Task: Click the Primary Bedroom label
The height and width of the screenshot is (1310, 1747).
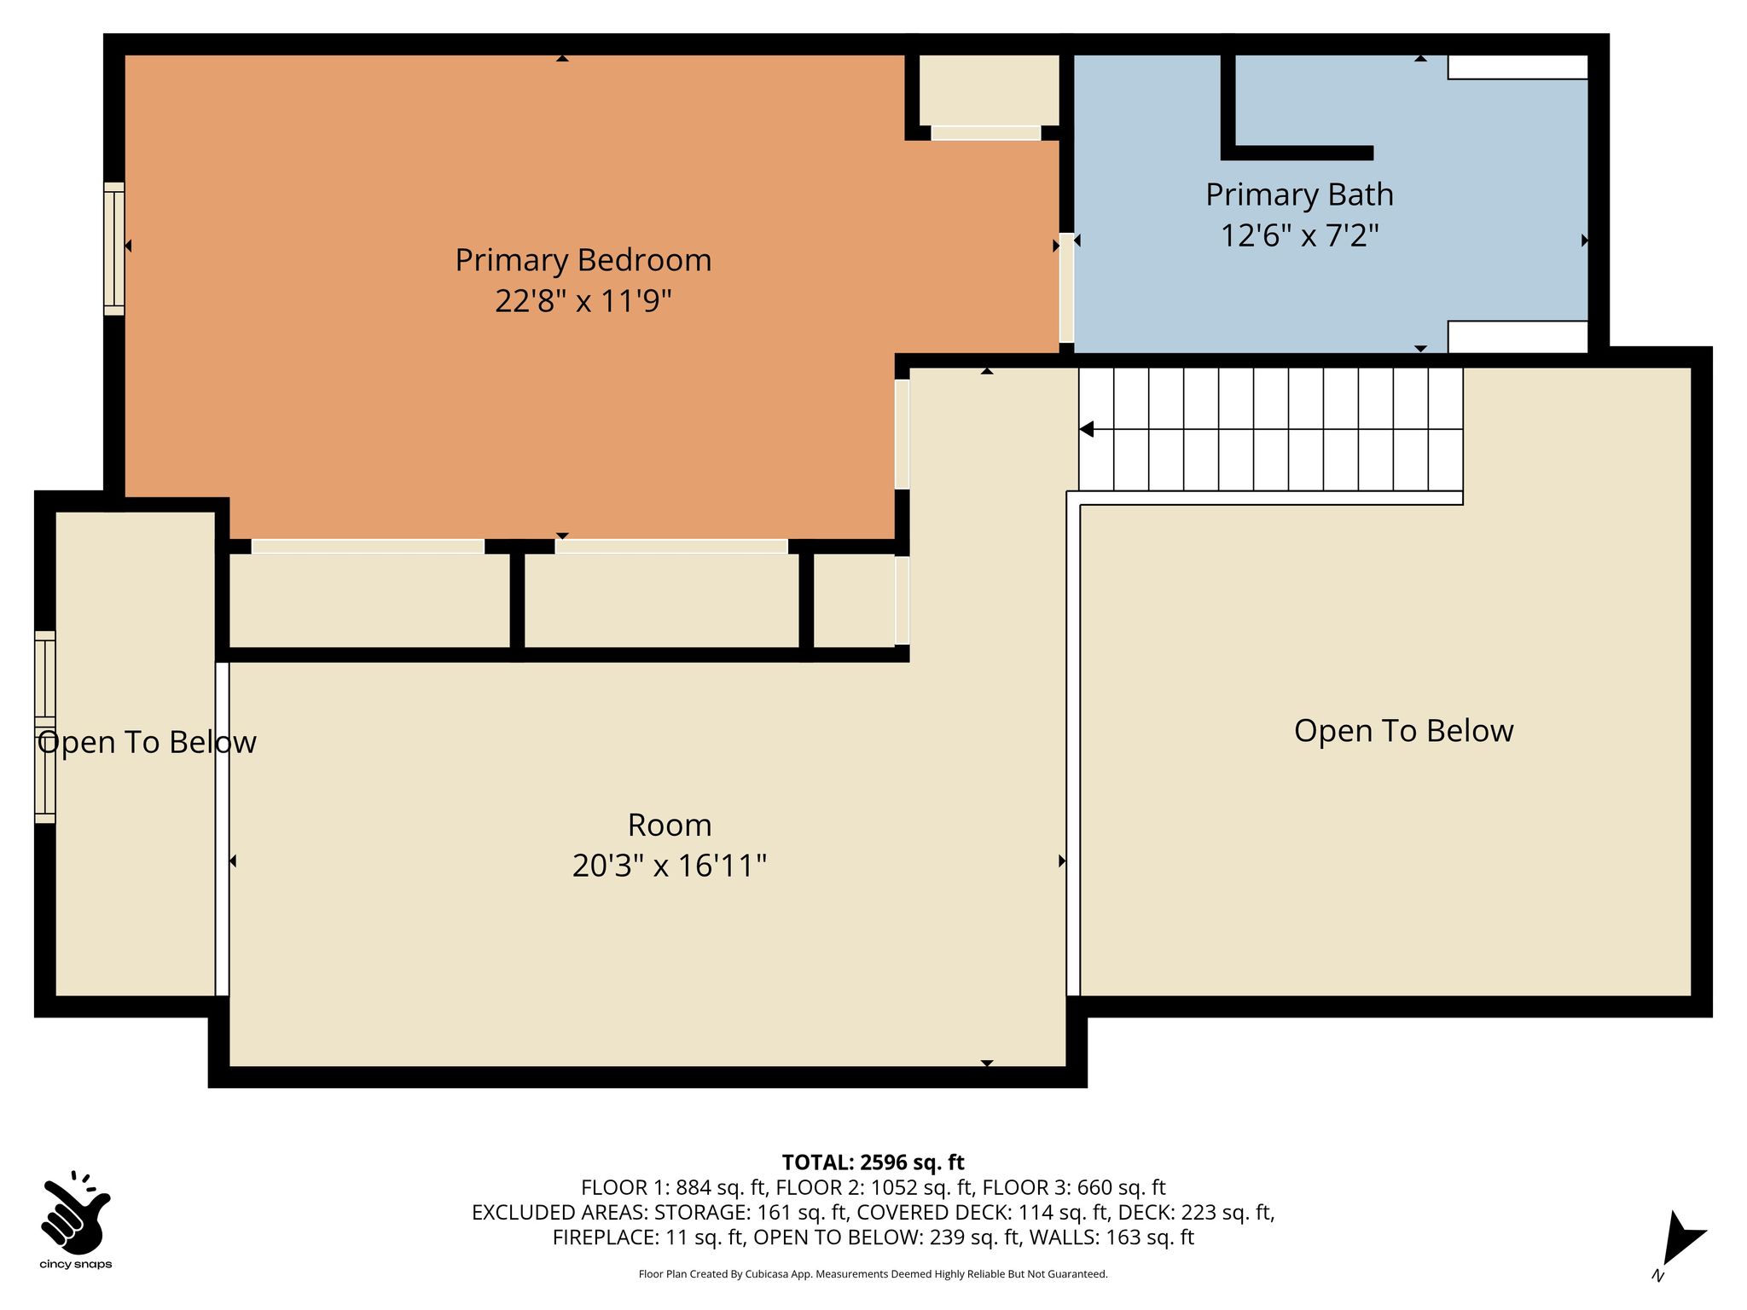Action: tap(583, 260)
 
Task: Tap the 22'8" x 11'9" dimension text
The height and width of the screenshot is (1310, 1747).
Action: tap(583, 301)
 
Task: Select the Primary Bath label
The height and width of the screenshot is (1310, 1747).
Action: tap(1299, 195)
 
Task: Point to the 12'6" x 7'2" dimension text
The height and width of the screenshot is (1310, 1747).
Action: tap(1299, 235)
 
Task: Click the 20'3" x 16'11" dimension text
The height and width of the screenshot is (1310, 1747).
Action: tap(670, 866)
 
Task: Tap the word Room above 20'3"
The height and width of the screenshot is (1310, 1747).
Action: tap(670, 825)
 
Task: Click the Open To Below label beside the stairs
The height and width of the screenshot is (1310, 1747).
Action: tap(1403, 731)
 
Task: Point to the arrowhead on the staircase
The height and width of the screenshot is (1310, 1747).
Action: tap(1086, 429)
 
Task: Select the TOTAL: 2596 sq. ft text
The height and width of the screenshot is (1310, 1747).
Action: tap(873, 1162)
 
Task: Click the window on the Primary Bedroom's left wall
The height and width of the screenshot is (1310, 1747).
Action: tap(114, 248)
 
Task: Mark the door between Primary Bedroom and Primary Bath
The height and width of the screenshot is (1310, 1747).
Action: tap(1066, 287)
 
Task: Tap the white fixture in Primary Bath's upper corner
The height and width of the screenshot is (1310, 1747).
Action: tap(1518, 67)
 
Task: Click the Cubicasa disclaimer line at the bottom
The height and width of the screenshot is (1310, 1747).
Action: tap(873, 1274)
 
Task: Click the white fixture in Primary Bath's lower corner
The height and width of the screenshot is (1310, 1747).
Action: tap(1518, 337)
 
